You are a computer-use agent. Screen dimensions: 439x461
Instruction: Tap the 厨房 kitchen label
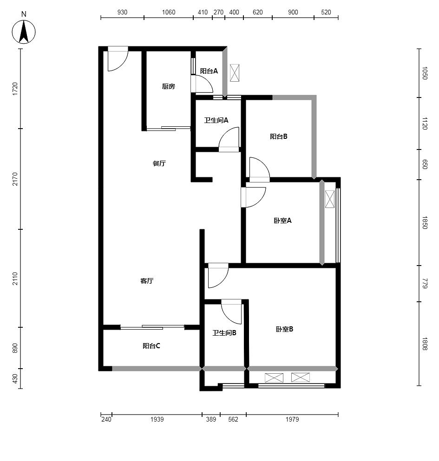[x=168, y=86]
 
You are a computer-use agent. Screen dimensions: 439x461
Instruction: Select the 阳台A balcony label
[x=209, y=71]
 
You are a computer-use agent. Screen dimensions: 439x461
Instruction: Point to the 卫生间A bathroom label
[x=216, y=120]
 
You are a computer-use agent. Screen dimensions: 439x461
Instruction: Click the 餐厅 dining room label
[x=159, y=163]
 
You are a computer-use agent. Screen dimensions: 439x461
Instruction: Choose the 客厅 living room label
[x=147, y=281]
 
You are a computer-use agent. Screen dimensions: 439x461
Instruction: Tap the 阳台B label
[x=279, y=136]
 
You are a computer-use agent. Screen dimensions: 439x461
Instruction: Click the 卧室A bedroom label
[x=282, y=221]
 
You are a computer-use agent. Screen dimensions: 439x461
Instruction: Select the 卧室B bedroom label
[x=284, y=329]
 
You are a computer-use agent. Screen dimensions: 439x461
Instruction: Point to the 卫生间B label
[x=224, y=333]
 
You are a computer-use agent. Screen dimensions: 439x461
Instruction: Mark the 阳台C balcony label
[x=151, y=346]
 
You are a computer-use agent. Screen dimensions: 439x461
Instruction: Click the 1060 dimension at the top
[x=169, y=13]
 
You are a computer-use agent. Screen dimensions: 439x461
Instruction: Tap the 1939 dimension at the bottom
[x=157, y=419]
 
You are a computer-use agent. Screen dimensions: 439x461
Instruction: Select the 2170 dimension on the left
[x=15, y=179]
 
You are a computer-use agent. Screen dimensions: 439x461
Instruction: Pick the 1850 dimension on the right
[x=425, y=222]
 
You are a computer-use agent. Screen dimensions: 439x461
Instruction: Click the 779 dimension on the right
[x=425, y=283]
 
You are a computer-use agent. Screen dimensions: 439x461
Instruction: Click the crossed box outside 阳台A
[x=235, y=72]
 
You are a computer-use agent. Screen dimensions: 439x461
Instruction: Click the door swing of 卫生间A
[x=229, y=139]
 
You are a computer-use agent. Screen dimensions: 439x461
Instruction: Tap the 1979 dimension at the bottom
[x=292, y=419]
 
